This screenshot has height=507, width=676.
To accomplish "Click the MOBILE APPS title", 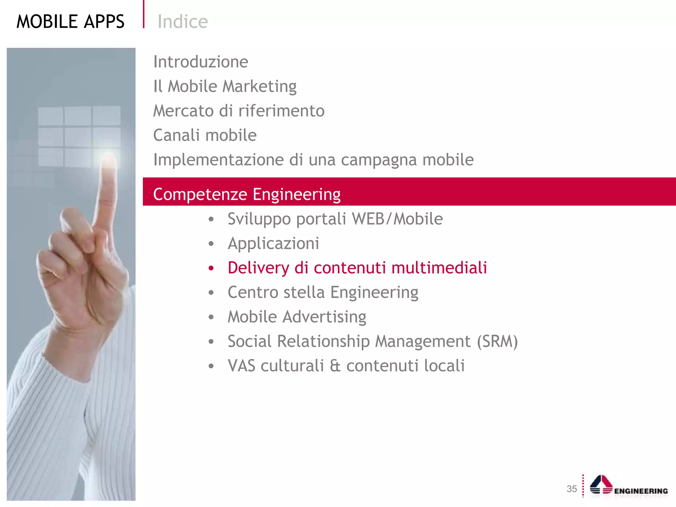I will click(70, 22).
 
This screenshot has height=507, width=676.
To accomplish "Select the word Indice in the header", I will click(183, 22).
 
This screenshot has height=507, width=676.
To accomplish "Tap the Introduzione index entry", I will click(201, 62).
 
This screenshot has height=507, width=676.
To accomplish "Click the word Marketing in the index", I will click(259, 86).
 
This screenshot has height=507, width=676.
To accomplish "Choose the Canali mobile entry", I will click(205, 135).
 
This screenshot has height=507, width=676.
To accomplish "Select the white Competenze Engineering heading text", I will click(247, 194).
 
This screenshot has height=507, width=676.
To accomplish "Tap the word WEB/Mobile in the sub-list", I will click(397, 219).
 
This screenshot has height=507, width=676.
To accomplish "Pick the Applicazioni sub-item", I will click(273, 243).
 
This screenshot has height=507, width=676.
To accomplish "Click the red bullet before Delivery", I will click(211, 268).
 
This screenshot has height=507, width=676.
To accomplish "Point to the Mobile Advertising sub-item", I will click(297, 317).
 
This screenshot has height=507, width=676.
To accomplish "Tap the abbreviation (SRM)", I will click(497, 341).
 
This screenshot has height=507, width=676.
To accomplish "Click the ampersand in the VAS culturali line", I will click(335, 366).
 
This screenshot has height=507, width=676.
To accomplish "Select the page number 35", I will click(572, 489).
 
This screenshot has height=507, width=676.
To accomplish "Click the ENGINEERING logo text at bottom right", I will click(641, 491).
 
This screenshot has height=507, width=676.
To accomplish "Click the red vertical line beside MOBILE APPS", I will click(144, 14).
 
